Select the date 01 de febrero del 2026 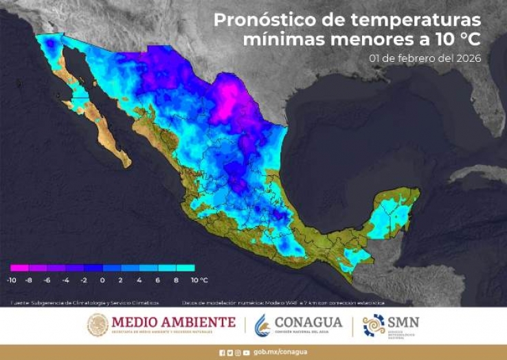click(425, 58)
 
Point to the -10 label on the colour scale click(12, 280)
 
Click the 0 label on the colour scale click(102, 280)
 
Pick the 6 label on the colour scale click(158, 280)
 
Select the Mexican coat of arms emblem click(98, 325)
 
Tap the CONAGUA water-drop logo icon click(262, 325)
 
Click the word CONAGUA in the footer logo click(308, 322)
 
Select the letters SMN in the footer click(403, 322)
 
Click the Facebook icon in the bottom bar click(222, 352)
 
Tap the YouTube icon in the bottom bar click(246, 352)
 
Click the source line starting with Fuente click(84, 302)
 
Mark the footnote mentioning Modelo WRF click(283, 302)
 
